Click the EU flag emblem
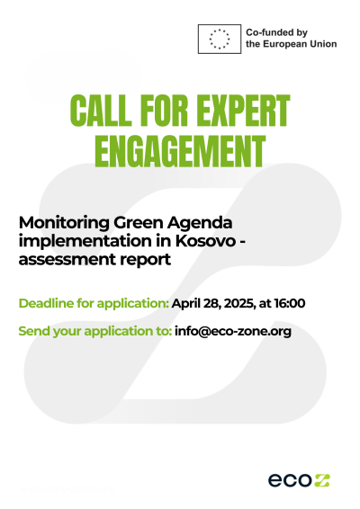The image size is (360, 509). pyautogui.click(x=220, y=39)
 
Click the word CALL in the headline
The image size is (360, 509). pyautogui.click(x=101, y=111)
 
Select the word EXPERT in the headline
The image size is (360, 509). pyautogui.click(x=243, y=111)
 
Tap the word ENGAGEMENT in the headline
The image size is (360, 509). pyautogui.click(x=180, y=151)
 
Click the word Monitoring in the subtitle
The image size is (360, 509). pyautogui.click(x=64, y=223)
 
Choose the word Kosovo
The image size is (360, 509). pyautogui.click(x=205, y=241)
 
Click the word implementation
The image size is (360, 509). pyautogui.click(x=84, y=242)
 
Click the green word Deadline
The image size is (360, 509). pyautogui.click(x=46, y=303)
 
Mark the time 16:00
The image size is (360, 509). pyautogui.click(x=290, y=303)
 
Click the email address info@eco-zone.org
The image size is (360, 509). pyautogui.click(x=233, y=332)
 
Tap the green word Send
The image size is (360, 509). pyautogui.click(x=34, y=331)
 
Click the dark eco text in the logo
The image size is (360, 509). pyautogui.click(x=290, y=480)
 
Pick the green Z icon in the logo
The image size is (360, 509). pyautogui.click(x=321, y=480)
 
